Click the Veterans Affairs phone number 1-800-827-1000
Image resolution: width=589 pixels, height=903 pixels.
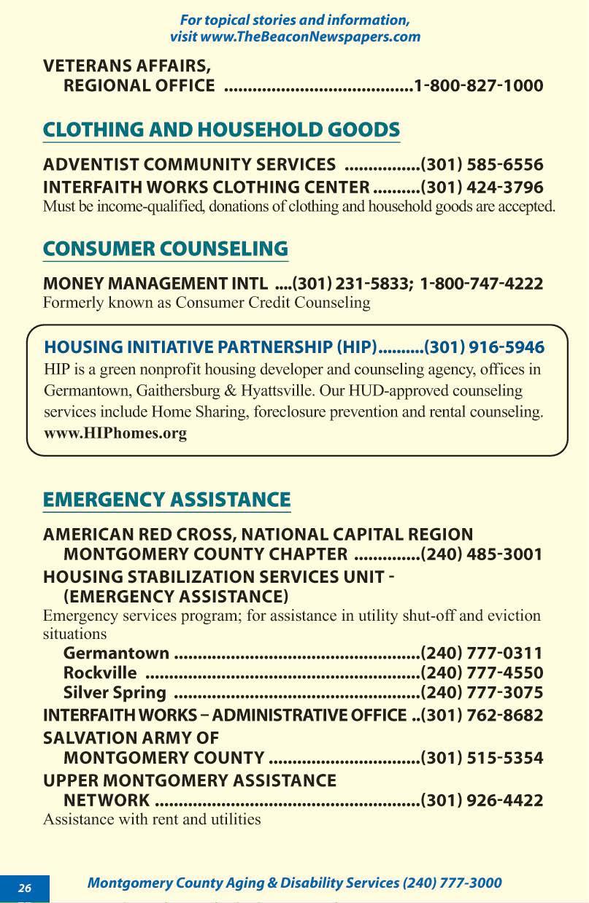click(478, 86)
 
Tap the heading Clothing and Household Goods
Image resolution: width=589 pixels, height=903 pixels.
click(221, 130)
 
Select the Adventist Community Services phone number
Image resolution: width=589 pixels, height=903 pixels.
click(482, 165)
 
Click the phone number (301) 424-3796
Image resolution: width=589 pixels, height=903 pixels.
click(482, 187)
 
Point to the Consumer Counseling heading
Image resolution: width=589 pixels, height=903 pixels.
click(166, 249)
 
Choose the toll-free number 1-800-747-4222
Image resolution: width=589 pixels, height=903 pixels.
click(482, 284)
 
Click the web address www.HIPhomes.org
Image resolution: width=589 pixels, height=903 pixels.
click(115, 433)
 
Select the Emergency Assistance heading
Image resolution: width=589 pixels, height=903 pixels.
click(166, 500)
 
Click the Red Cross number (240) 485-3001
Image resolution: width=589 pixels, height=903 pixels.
click(482, 555)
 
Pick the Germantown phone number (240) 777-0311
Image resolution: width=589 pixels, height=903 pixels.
click(482, 653)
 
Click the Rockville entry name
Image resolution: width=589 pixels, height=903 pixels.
click(100, 673)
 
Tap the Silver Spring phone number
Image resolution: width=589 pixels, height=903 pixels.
click(482, 692)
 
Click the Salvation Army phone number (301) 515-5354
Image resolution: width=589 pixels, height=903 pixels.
click(482, 759)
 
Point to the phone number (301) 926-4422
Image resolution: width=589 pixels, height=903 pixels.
click(482, 801)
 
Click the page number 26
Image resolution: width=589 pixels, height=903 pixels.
click(25, 888)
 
